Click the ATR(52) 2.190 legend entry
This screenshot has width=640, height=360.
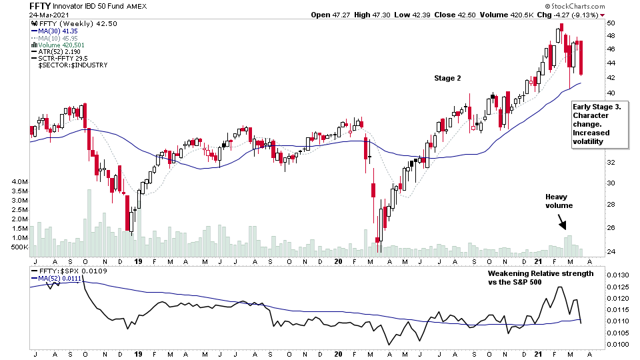pyautogui.click(x=64, y=57)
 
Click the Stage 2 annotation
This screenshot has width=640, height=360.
pyautogui.click(x=448, y=78)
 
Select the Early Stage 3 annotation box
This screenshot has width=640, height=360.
pyautogui.click(x=599, y=124)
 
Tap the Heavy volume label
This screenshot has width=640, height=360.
pyautogui.click(x=559, y=201)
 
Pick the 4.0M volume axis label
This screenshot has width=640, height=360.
pyautogui.click(x=17, y=182)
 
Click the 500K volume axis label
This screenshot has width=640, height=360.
pyautogui.click(x=17, y=247)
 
